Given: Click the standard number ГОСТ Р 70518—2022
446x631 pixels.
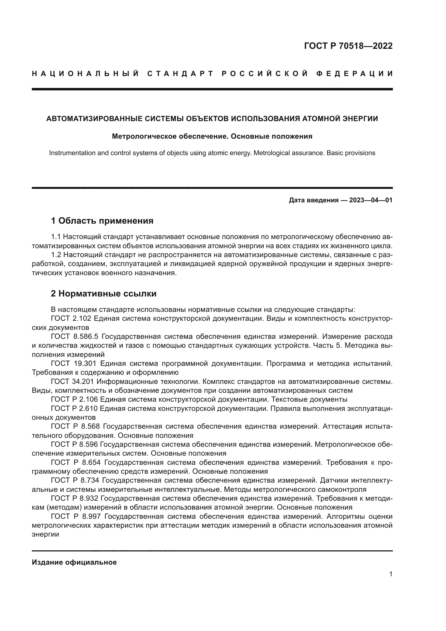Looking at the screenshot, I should [348, 46].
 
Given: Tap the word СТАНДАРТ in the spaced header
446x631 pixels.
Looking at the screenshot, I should [180, 74].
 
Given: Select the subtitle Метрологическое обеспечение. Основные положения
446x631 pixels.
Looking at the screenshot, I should [212, 136].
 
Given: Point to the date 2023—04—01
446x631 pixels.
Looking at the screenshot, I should [371, 200].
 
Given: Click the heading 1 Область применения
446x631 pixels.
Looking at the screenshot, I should [102, 221].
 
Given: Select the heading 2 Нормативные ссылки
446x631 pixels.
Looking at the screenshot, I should [104, 294].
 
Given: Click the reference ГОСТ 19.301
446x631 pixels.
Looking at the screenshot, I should [74, 364].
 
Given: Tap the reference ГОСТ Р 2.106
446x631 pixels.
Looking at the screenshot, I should [74, 399].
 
